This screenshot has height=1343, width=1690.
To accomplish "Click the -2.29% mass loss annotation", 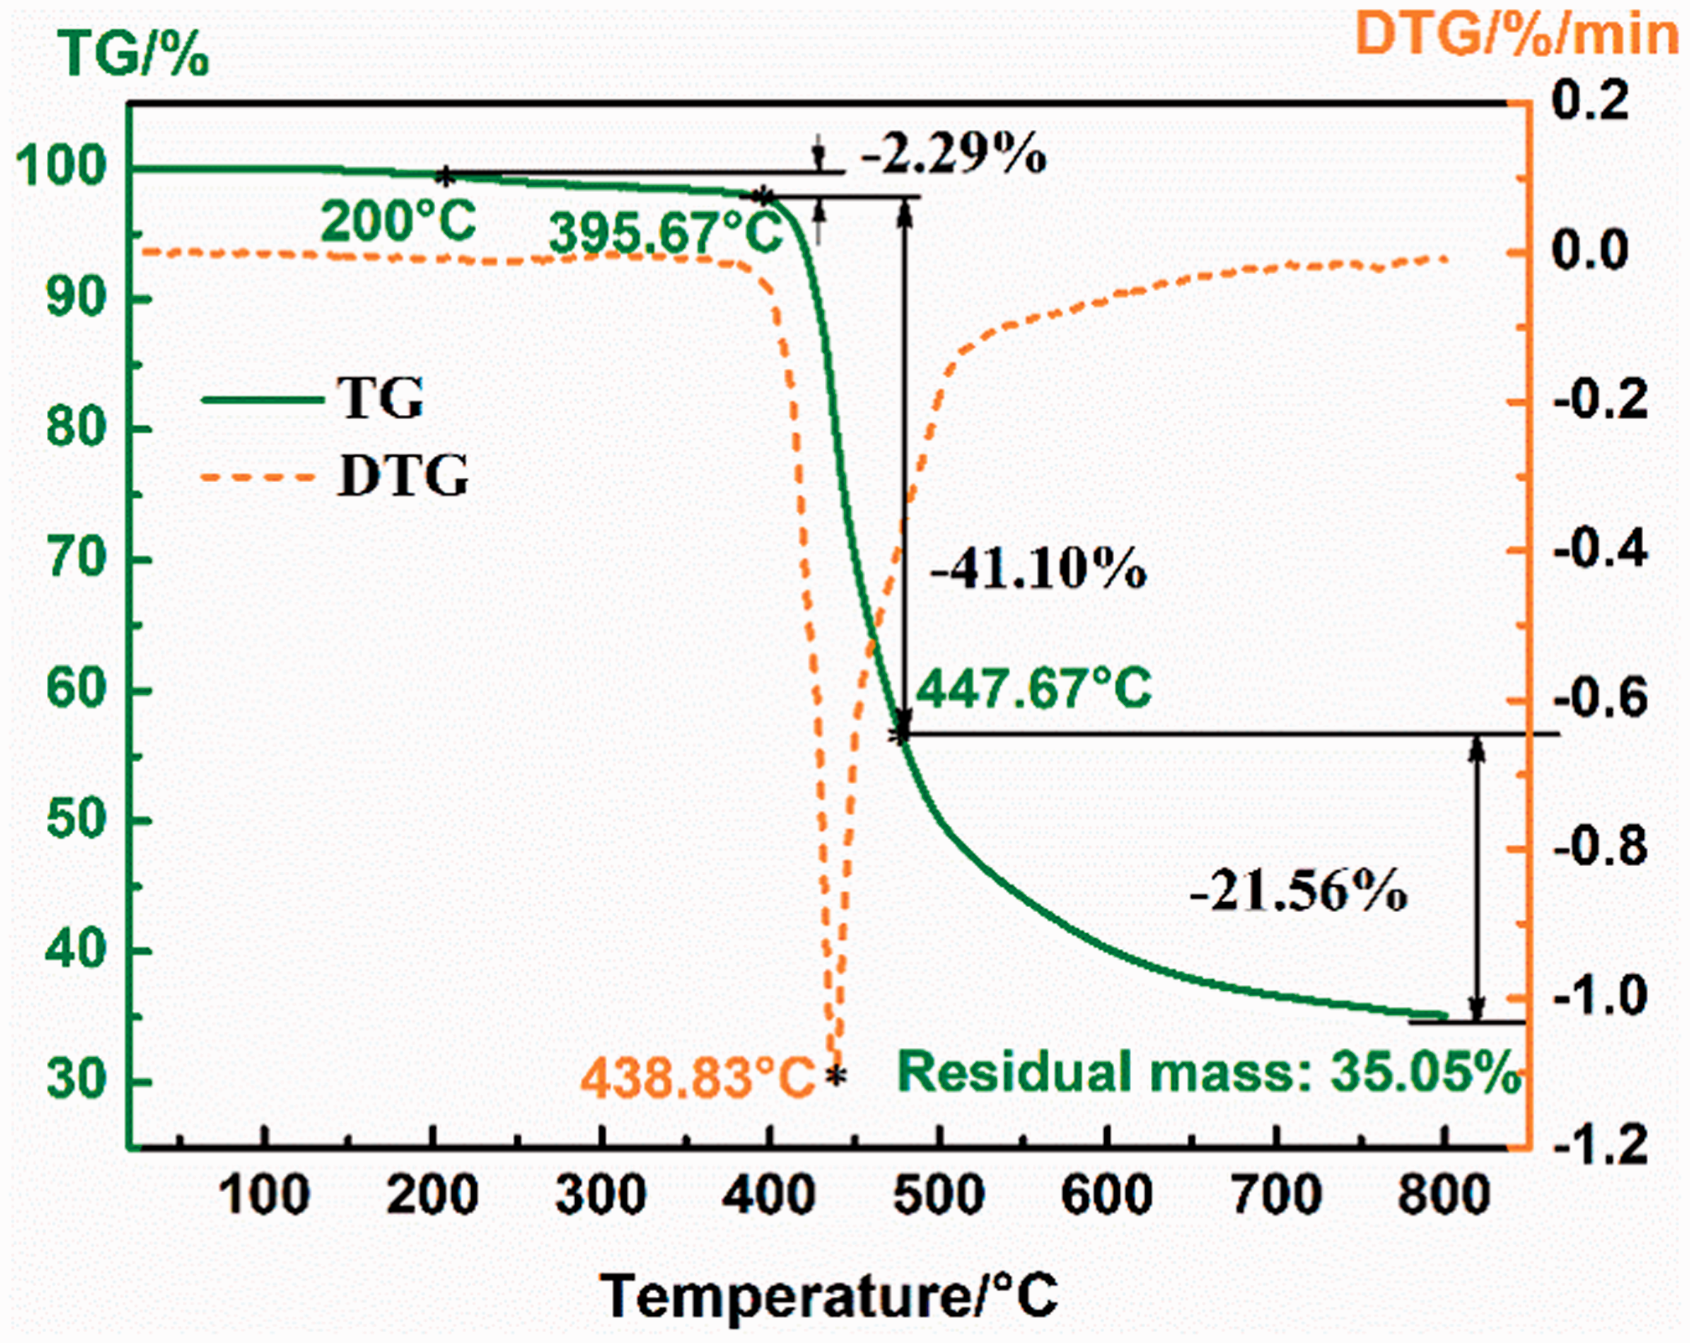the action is click(x=953, y=154).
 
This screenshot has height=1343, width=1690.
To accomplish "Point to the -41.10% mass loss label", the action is click(x=1038, y=569).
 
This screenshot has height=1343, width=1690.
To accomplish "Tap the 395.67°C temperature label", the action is click(x=666, y=232).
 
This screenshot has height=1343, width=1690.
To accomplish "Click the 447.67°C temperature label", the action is click(x=1034, y=688).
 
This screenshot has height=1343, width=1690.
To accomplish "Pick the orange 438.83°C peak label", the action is click(x=697, y=1077).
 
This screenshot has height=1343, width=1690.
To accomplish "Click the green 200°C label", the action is click(x=398, y=222).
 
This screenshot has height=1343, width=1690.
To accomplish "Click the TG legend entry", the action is click(x=314, y=398).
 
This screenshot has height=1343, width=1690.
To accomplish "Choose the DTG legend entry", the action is click(x=334, y=476).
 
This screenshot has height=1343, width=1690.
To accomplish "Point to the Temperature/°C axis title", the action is click(x=829, y=1296).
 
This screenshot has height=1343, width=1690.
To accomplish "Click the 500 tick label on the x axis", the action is click(x=939, y=1195).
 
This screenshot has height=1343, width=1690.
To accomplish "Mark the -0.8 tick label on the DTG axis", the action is click(x=1601, y=848).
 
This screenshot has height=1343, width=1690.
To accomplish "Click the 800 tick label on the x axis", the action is click(x=1444, y=1195).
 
